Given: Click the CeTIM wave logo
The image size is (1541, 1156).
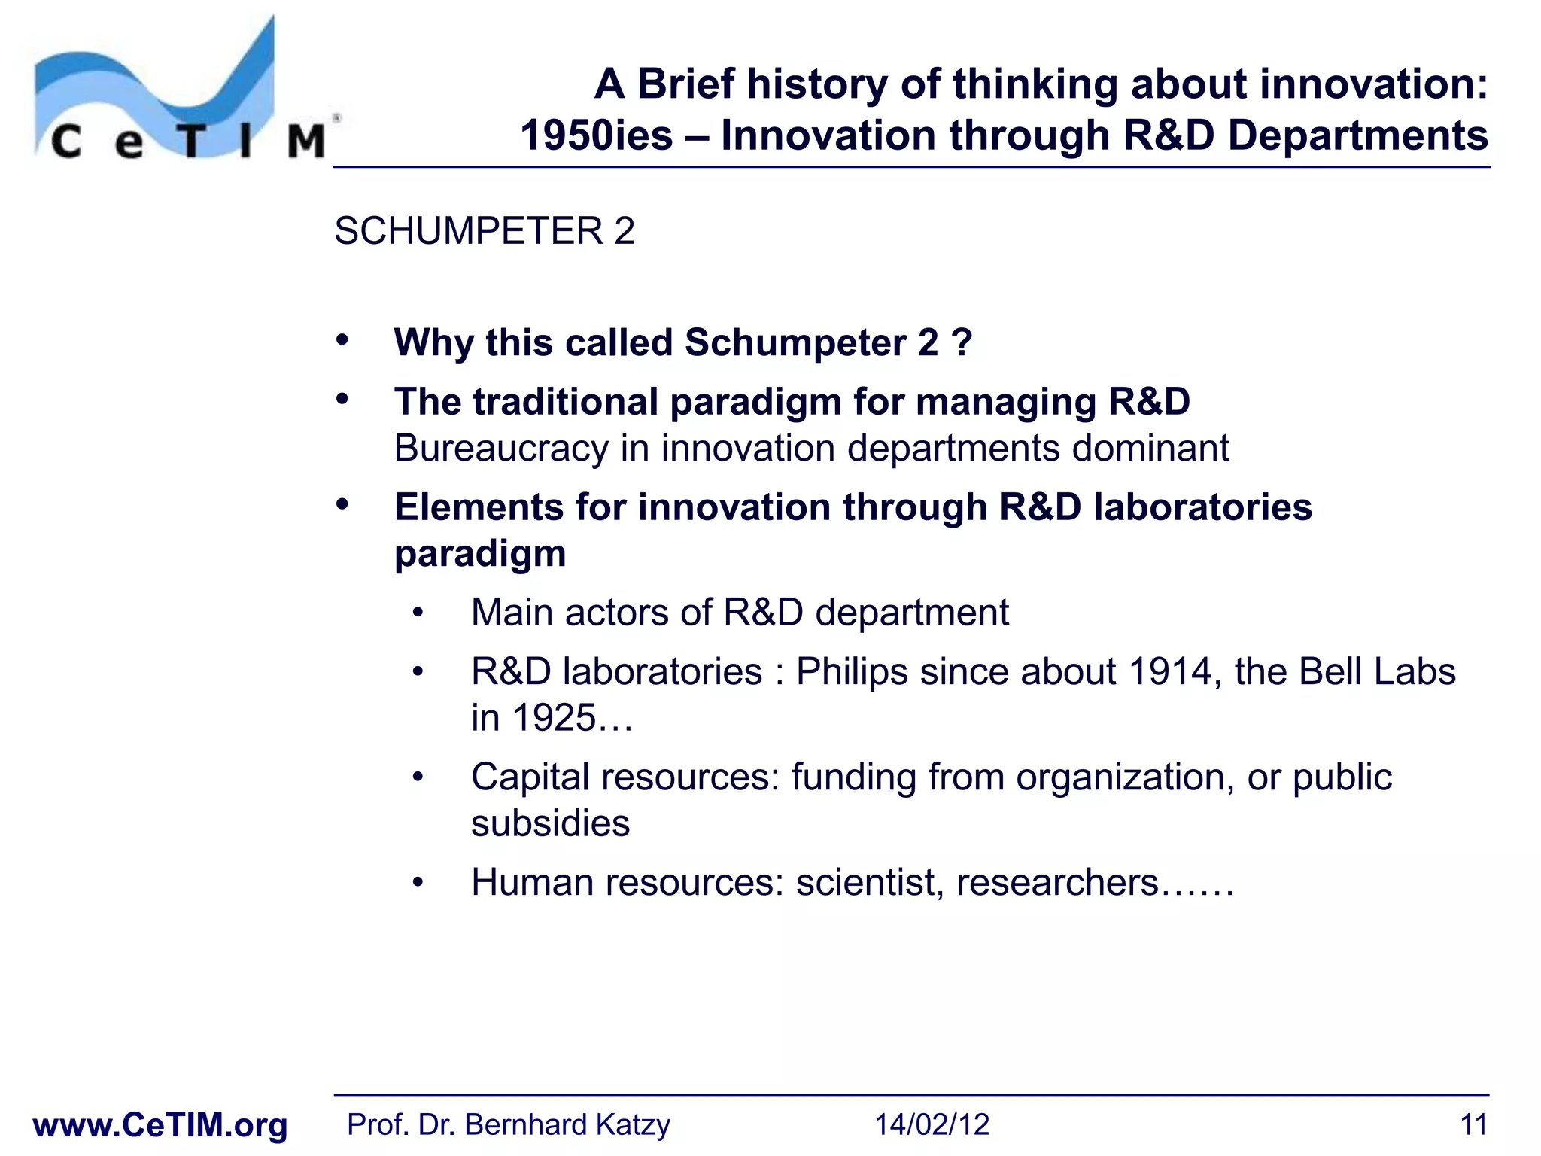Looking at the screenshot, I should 181,90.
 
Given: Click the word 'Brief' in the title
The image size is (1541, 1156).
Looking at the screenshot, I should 685,84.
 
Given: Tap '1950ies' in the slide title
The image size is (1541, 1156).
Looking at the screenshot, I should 596,136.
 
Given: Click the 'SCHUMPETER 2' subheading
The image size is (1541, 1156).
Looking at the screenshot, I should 484,230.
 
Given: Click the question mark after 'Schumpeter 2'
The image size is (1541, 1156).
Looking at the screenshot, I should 961,342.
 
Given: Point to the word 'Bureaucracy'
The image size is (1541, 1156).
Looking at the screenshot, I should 500,449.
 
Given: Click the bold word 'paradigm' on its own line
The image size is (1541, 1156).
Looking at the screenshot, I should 480,554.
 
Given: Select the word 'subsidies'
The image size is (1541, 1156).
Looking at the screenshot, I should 550,823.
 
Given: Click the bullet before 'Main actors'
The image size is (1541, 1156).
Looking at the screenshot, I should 418,613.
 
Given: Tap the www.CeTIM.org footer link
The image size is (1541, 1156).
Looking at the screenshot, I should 160,1125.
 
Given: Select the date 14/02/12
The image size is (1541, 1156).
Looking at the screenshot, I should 931,1125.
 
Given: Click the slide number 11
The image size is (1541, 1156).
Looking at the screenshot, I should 1473,1125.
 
